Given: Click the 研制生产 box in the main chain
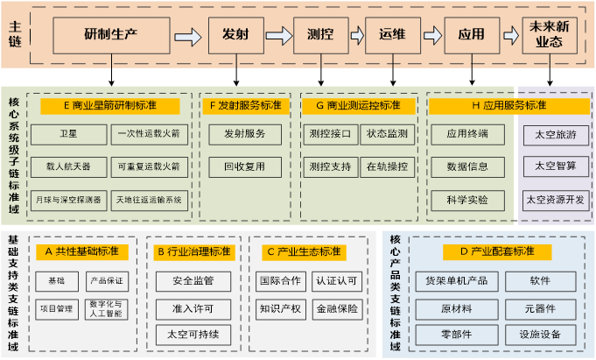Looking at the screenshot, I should pyautogui.click(x=110, y=34).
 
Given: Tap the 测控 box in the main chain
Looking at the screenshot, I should pyautogui.click(x=319, y=34).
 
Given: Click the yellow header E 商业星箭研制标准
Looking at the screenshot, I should pyautogui.click(x=109, y=106).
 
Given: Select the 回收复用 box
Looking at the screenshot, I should pyautogui.click(x=245, y=166).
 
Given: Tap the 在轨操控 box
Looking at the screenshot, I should pyautogui.click(x=386, y=166).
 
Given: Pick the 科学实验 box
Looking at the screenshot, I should pyautogui.click(x=467, y=199).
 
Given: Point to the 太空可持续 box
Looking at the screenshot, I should pyautogui.click(x=194, y=334).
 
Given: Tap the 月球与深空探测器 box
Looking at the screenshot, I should pyautogui.click(x=69, y=199).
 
